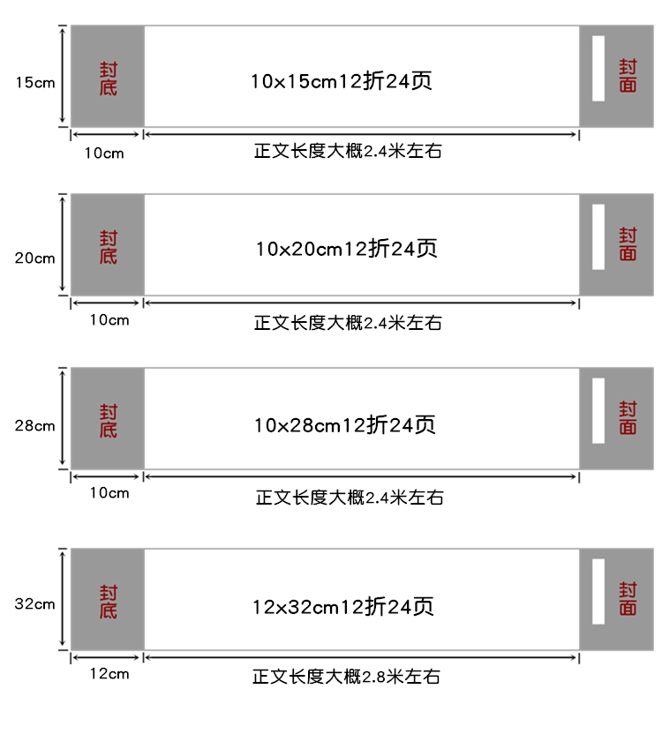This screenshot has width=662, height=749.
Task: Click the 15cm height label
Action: click(35, 83)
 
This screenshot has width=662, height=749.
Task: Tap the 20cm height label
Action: click(35, 258)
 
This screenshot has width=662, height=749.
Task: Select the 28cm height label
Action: click(35, 425)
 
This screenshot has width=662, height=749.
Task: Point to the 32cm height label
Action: click(35, 603)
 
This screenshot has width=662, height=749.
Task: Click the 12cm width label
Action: click(109, 674)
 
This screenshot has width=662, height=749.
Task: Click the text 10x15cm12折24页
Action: click(342, 81)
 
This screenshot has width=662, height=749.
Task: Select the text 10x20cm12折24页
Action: click(347, 249)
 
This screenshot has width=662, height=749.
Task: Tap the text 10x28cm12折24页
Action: click(344, 425)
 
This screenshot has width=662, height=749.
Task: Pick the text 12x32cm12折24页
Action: click(343, 607)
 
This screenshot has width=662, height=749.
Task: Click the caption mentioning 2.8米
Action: click(347, 677)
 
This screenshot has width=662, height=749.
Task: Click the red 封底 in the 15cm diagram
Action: click(109, 79)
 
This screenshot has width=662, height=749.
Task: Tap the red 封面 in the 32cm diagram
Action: click(628, 598)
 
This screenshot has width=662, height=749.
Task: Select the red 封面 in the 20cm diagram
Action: click(628, 244)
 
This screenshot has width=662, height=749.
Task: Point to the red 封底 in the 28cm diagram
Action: click(109, 421)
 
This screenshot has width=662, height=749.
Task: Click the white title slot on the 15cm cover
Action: click(598, 68)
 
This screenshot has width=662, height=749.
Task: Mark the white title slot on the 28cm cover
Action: click(598, 411)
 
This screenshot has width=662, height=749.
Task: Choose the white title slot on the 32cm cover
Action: click(598, 592)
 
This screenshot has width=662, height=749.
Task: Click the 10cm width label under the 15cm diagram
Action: click(104, 154)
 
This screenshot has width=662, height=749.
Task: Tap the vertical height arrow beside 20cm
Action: click(62, 244)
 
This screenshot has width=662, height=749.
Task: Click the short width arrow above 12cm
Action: click(107, 658)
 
